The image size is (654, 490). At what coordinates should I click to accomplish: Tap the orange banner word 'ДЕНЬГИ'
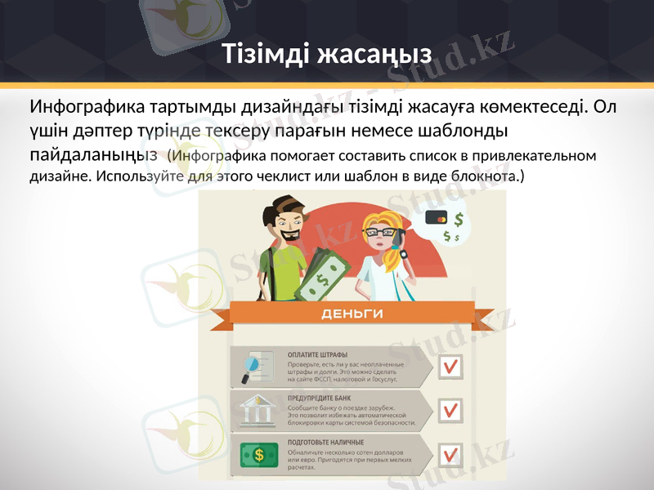pos(352,313)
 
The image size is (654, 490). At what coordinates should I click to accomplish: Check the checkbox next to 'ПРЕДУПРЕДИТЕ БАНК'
pos(450,410)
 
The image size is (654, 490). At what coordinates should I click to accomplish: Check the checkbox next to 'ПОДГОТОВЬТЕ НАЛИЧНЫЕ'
pos(450,455)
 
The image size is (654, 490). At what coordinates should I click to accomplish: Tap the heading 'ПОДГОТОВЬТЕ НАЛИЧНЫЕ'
pos(325,443)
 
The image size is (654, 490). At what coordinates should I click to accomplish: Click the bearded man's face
pos(289,225)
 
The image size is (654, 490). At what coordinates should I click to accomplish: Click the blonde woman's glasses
pos(379,232)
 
